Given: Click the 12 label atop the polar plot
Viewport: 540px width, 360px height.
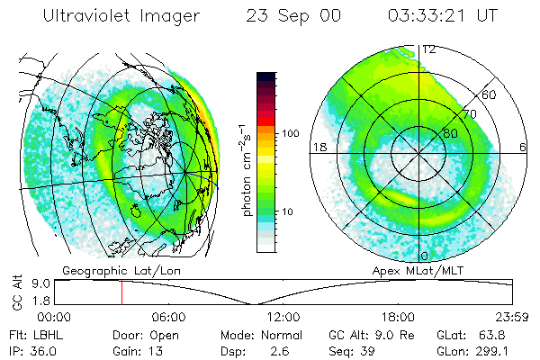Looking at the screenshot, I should pyautogui.click(x=429, y=49).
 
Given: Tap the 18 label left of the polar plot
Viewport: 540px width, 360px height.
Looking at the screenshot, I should pyautogui.click(x=318, y=147).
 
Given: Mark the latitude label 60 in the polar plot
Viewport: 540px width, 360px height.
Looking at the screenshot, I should pyautogui.click(x=490, y=94).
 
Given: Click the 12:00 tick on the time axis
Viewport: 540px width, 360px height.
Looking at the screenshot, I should pyautogui.click(x=283, y=318).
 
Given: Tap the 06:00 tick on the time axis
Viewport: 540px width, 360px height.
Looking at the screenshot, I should pyautogui.click(x=169, y=318).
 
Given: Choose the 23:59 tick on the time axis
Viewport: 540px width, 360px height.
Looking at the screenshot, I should pyautogui.click(x=511, y=318).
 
